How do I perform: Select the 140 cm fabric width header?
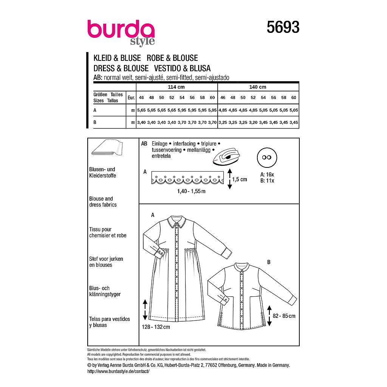pos(258,87)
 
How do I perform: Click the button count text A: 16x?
pos(267,175)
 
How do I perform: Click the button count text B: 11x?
pos(267,181)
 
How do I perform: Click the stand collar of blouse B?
pos(240,266)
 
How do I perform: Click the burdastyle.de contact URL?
pos(118,372)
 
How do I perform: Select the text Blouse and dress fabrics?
pos(103,201)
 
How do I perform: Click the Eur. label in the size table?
pos(131,98)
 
